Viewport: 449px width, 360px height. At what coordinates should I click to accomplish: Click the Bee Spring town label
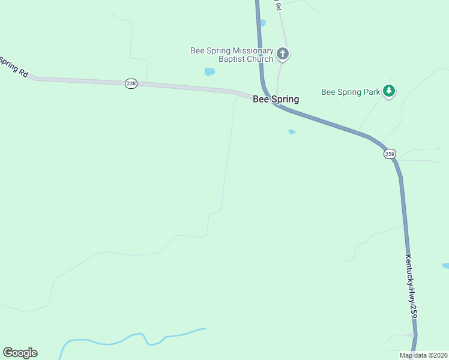[x=276, y=99]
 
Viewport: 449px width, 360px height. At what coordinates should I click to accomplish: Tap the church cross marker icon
[x=283, y=55]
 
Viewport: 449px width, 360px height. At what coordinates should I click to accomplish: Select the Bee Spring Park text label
[x=351, y=92]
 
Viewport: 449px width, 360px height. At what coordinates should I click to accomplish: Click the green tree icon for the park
[x=390, y=91]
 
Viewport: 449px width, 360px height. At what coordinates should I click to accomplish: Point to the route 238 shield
[x=131, y=84]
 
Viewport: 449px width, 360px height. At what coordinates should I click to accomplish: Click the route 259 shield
[x=390, y=154]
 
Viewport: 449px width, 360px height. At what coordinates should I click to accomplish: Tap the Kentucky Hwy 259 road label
[x=411, y=286]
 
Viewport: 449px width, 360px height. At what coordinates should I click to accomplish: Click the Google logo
[x=20, y=353]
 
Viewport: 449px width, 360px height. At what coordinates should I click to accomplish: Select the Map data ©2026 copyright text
[x=424, y=355]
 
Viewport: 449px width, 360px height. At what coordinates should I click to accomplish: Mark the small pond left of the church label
[x=209, y=72]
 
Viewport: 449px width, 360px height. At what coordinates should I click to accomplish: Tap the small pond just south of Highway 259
[x=292, y=132]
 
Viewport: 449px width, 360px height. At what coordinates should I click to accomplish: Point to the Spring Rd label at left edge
[x=13, y=66]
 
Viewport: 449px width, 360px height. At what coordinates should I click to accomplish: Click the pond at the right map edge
[x=445, y=265]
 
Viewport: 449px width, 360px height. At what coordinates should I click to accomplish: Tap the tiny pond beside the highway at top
[x=262, y=23]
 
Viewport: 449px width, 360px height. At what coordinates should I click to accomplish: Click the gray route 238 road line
[x=180, y=86]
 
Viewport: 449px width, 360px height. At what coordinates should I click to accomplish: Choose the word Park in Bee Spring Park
[x=371, y=92]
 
